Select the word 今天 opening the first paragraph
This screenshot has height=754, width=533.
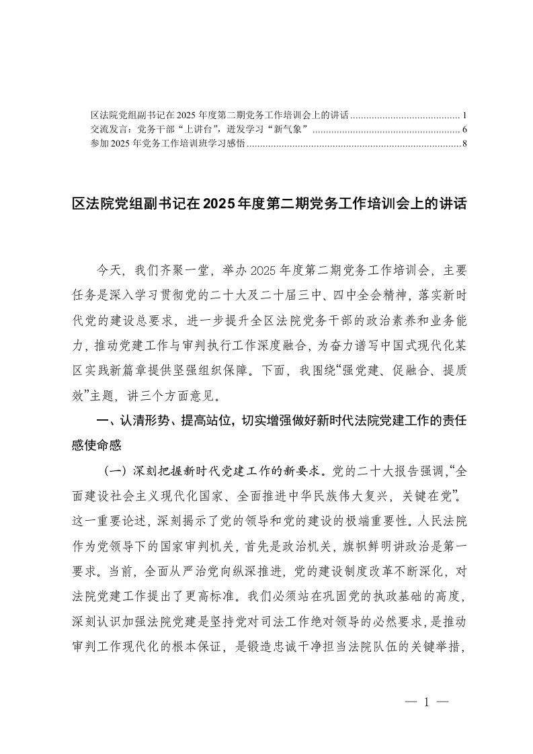coord(109,271)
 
